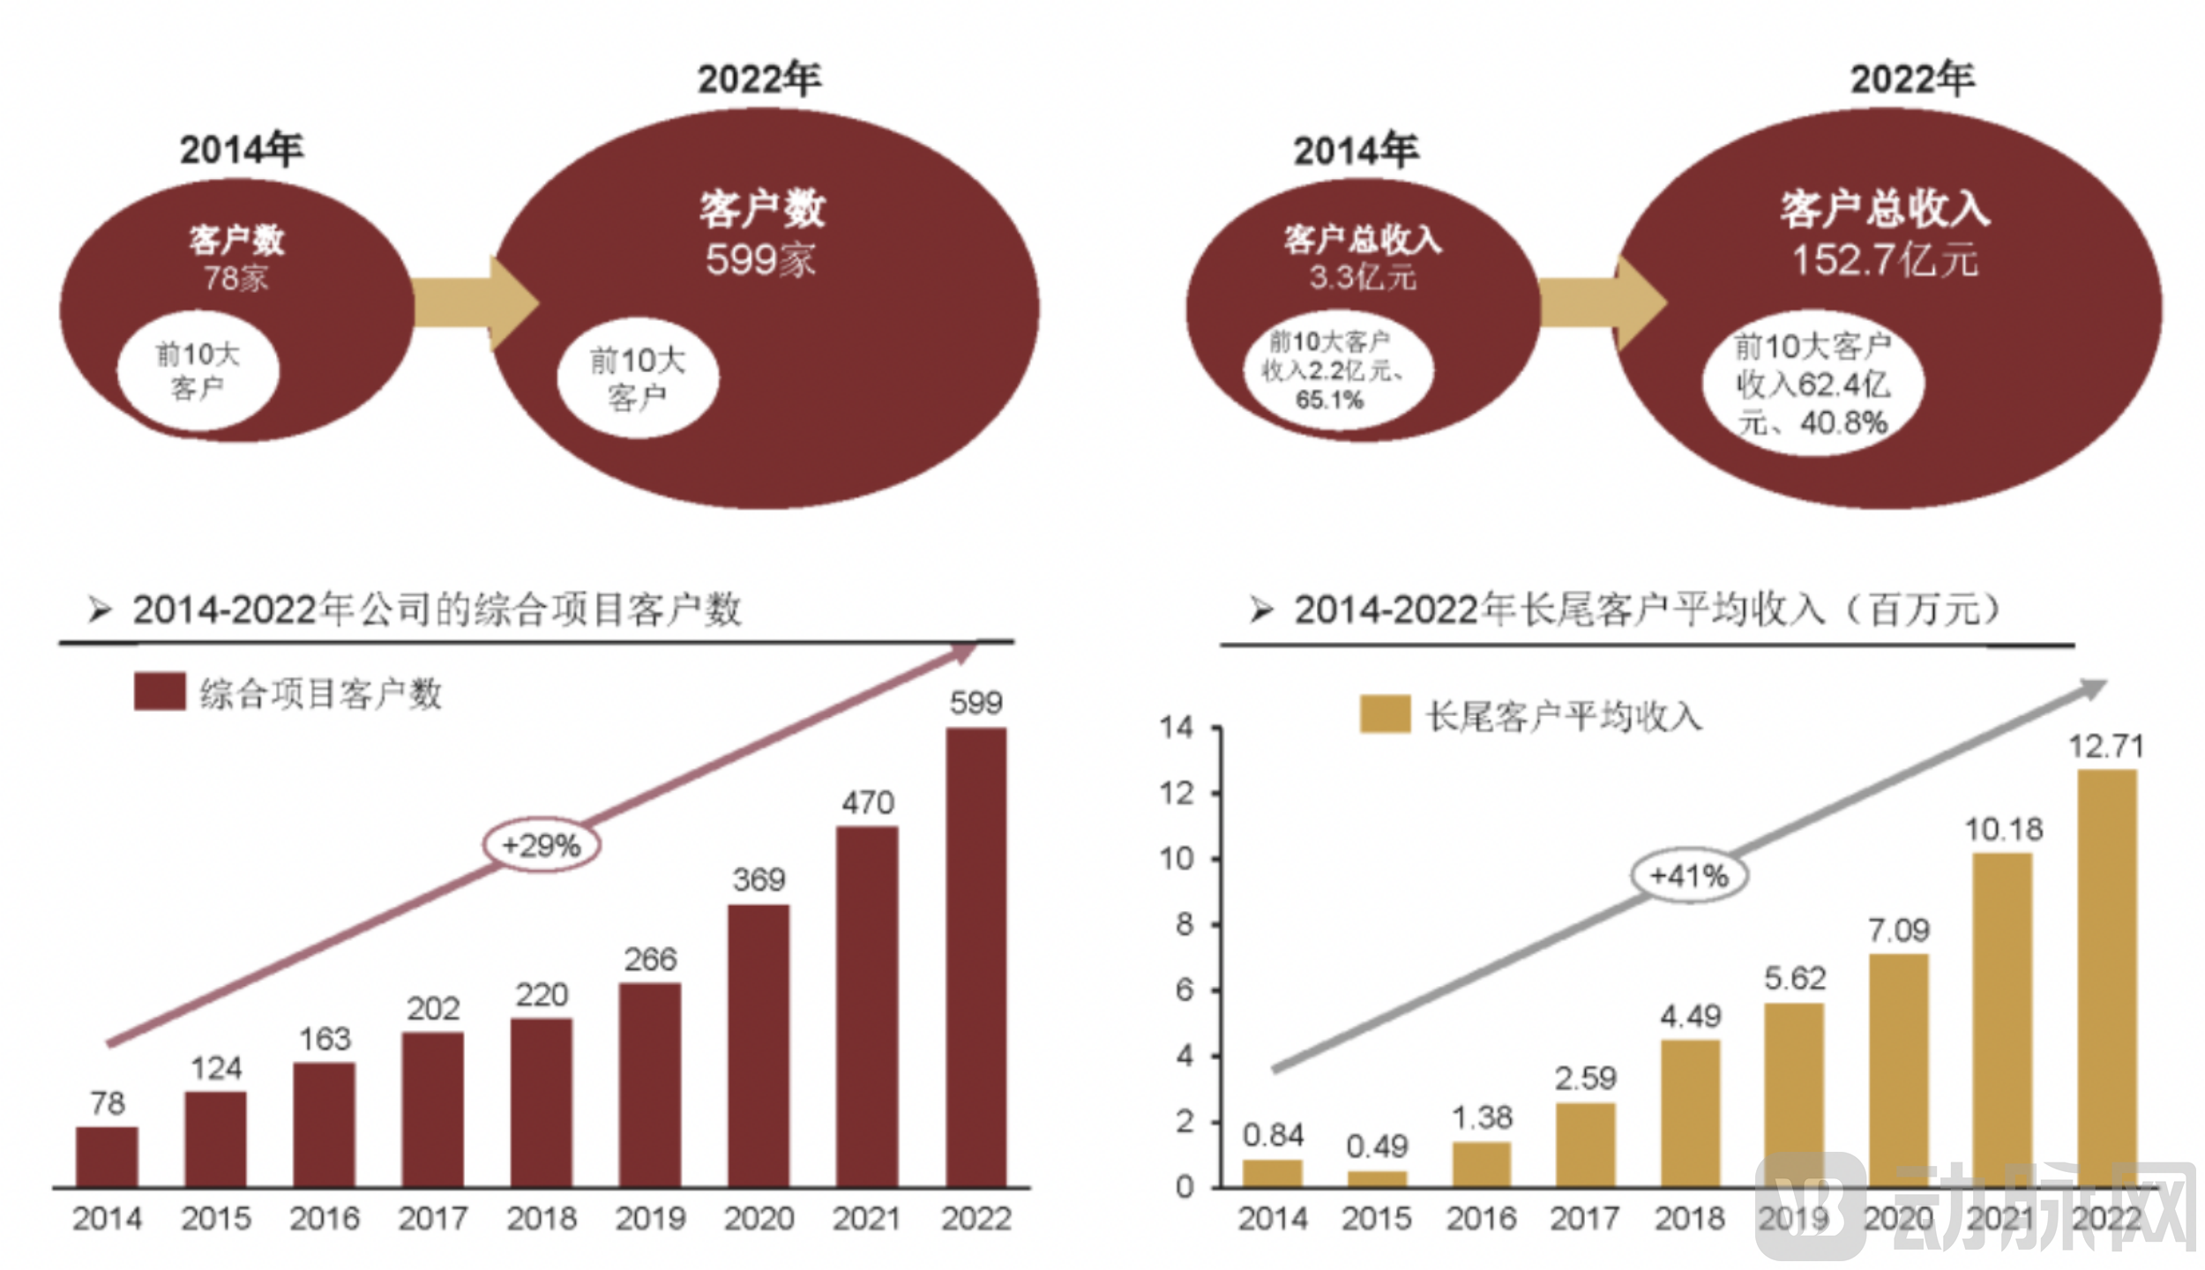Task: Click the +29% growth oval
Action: click(x=542, y=845)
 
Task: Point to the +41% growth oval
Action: click(x=1688, y=876)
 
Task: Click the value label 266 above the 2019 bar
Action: click(x=650, y=960)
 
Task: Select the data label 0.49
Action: click(x=1376, y=1147)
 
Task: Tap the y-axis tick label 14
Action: click(x=1176, y=728)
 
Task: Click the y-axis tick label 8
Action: click(x=1184, y=924)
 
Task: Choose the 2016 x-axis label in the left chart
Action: click(x=325, y=1219)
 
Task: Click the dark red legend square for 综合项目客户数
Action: click(x=160, y=691)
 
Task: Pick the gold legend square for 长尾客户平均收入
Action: click(x=1385, y=713)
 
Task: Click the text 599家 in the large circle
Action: click(x=760, y=260)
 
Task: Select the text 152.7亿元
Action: click(x=1884, y=260)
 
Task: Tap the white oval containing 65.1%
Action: click(x=1338, y=370)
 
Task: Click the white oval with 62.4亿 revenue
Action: click(x=1813, y=385)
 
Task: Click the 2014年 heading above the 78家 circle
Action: click(x=241, y=149)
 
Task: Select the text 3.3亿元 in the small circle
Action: click(x=1362, y=278)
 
